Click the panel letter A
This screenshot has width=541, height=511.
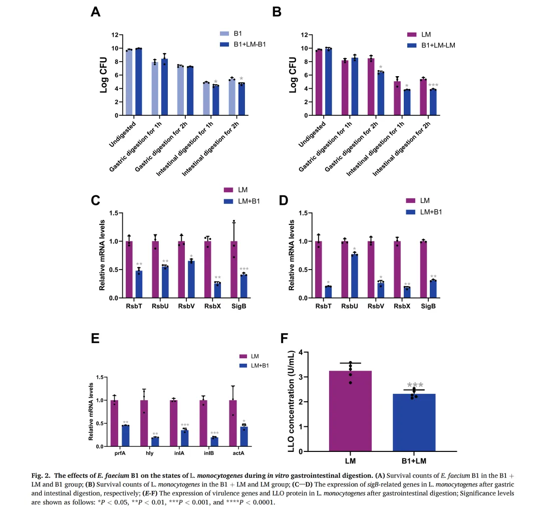coord(96,12)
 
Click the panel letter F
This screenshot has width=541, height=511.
coord(284,338)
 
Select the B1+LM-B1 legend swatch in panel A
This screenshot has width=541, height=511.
coord(224,44)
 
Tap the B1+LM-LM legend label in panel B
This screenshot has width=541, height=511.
coord(438,45)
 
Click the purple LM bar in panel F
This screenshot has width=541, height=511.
coord(350,411)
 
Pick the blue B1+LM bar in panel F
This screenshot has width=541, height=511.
coord(414,422)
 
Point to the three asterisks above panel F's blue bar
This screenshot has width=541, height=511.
coord(415,385)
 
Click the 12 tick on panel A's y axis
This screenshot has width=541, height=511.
coord(115,35)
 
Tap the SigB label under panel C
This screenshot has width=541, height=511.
coord(239,306)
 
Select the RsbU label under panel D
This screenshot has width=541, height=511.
coord(350,306)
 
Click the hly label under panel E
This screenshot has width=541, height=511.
coord(149,453)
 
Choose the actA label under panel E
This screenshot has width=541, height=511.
coord(238,453)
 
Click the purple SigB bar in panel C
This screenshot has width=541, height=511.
coord(234,270)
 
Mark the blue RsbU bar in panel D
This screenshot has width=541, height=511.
coord(354,276)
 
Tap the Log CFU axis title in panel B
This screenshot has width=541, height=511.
coord(293,75)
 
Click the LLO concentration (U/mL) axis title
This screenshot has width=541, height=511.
coord(292,401)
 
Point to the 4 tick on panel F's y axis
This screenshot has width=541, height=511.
coord(301,352)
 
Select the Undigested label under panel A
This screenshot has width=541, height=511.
coord(123,135)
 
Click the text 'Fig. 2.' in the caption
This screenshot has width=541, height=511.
coord(41,475)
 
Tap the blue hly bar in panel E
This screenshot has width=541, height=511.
coord(155,442)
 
